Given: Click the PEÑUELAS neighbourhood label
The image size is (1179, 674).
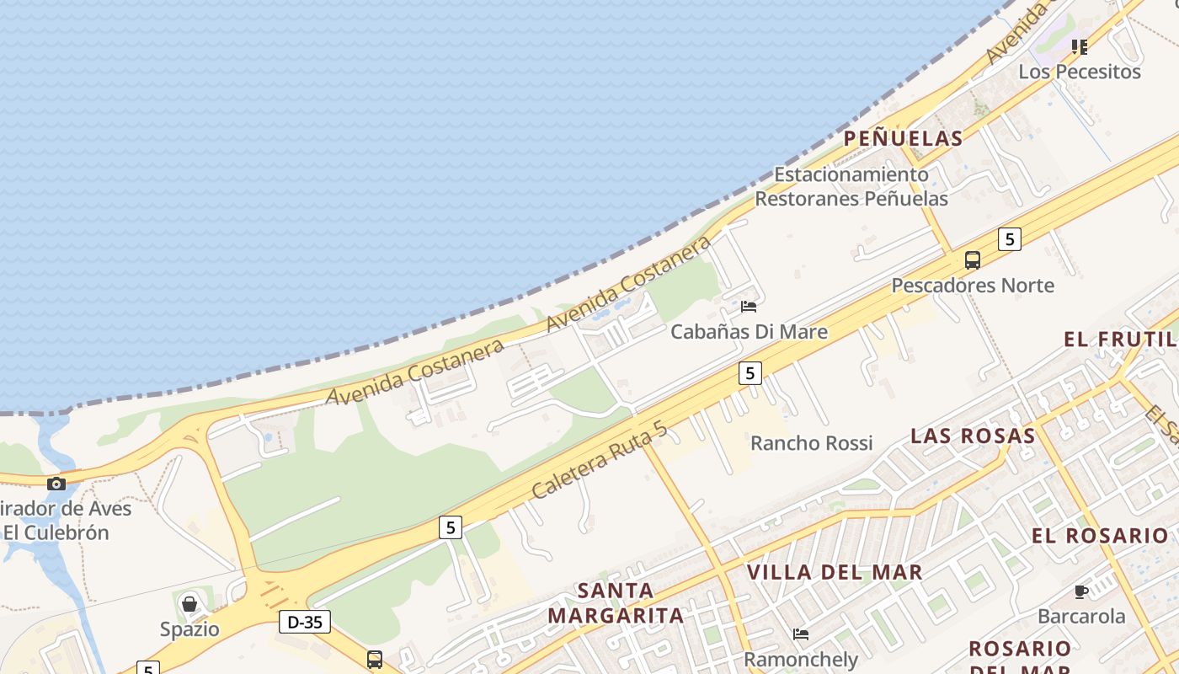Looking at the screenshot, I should [902, 139].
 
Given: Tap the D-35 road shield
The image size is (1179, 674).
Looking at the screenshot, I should [304, 623].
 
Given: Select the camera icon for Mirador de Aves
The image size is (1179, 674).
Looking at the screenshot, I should [56, 484].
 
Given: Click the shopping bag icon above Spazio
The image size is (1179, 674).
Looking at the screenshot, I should [189, 604].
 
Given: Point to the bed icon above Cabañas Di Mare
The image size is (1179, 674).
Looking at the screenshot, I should [748, 307].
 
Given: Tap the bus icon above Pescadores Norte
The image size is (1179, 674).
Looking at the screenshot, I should [973, 260].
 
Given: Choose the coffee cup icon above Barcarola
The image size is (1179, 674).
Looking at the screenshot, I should [1081, 591].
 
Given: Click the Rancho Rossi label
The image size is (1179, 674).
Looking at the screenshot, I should [811, 443].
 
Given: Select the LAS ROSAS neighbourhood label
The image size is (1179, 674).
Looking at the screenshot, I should [973, 436].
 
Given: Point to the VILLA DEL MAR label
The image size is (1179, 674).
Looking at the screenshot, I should [835, 573].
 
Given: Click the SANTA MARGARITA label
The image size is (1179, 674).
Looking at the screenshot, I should [616, 603].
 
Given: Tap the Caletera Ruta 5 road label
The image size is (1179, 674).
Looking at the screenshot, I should [599, 460].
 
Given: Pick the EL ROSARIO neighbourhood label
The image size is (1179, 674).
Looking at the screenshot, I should [1100, 536].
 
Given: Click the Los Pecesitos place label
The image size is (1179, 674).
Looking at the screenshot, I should [1080, 72].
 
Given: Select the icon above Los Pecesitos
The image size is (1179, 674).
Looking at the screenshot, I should [1080, 46].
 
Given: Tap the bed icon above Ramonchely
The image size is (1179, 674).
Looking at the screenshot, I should [800, 634].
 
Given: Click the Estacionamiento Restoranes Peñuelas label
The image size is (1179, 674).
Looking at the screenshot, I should [851, 187].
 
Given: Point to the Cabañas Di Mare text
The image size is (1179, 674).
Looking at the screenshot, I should [749, 332].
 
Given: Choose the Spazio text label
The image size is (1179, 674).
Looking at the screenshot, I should [189, 629].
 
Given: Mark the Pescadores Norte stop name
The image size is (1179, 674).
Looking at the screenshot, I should [973, 286].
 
